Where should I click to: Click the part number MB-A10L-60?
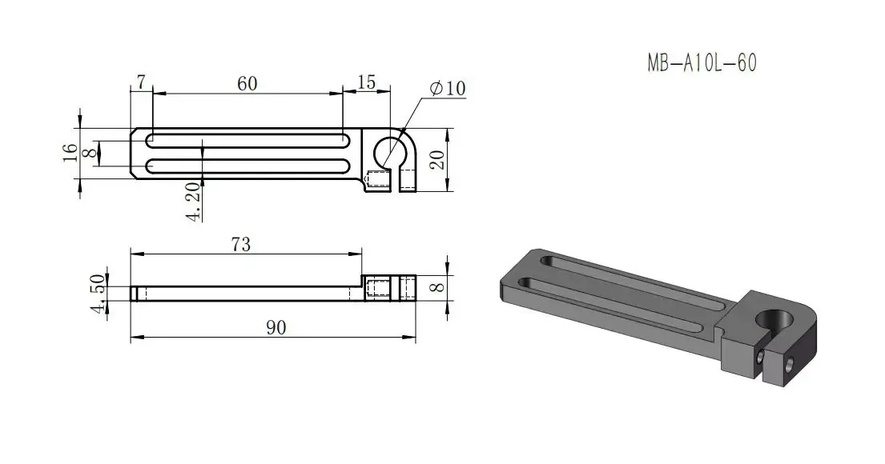(702, 63)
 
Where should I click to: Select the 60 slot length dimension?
(247, 82)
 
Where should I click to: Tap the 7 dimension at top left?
(141, 82)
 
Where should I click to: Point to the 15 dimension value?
(366, 82)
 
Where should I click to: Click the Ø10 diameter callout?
(447, 88)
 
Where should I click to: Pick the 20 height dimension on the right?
(437, 160)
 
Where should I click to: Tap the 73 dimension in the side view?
(240, 245)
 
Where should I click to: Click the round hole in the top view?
(390, 151)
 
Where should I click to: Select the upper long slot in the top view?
(247, 140)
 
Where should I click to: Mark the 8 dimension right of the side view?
(436, 286)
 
